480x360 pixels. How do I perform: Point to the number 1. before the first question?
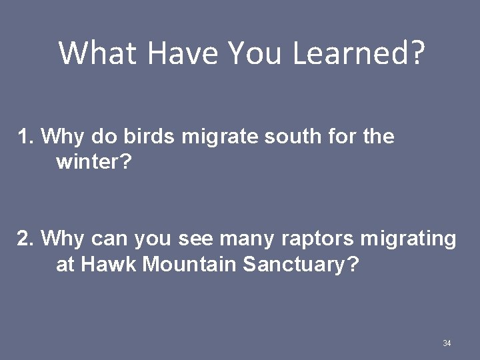click(26, 137)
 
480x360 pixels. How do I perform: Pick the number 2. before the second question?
click(26, 238)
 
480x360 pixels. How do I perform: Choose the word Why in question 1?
click(63, 138)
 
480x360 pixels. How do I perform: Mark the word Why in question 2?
click(63, 239)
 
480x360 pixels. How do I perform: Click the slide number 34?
click(447, 343)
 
